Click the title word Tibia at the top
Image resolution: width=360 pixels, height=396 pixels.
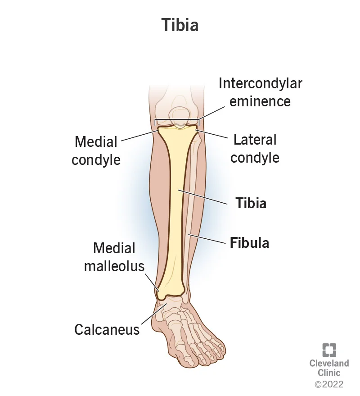(180, 25)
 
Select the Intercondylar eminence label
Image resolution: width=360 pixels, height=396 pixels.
(260, 92)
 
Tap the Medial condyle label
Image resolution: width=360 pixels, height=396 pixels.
(96, 150)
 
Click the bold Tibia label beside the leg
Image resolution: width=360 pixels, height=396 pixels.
(251, 203)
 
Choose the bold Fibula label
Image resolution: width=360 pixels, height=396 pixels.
(249, 243)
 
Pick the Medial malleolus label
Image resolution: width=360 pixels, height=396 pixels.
(114, 257)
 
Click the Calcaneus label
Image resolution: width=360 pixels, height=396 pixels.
(107, 329)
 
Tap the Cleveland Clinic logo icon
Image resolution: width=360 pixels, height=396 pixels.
(329, 350)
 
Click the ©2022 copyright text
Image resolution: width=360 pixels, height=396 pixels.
(329, 384)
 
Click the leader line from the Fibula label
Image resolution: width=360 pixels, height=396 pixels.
(207, 239)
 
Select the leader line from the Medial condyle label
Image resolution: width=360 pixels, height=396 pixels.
(139, 134)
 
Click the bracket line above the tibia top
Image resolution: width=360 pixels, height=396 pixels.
(177, 120)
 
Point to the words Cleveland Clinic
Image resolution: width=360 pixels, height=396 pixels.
(329, 368)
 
